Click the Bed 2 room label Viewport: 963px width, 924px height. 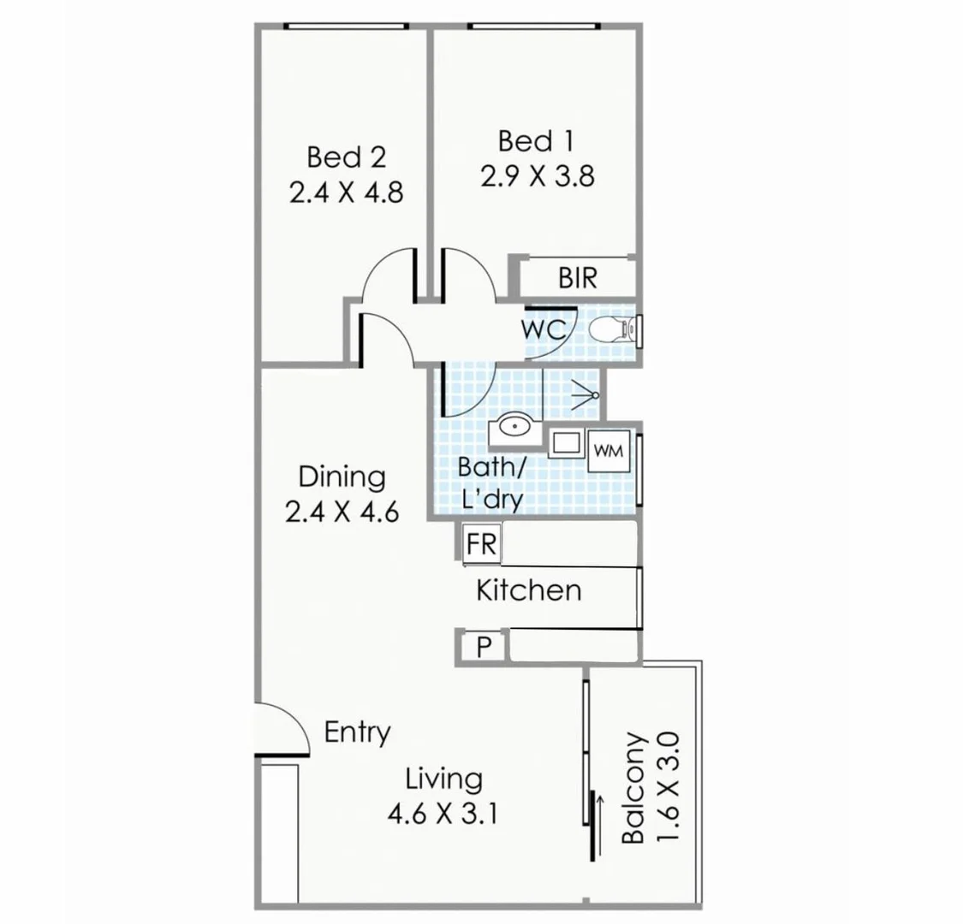346,157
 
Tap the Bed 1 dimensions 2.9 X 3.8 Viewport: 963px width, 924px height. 536,176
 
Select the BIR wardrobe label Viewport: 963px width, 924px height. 577,278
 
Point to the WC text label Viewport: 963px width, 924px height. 543,329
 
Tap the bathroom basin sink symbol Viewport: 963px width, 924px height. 513,425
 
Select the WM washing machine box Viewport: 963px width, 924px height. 608,450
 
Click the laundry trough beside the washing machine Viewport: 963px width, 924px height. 566,444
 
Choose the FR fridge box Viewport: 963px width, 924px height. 482,544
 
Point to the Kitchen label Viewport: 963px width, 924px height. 528,590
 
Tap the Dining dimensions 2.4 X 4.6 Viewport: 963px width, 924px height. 342,512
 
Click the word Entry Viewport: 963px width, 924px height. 357,732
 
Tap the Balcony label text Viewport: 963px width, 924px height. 633,787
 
